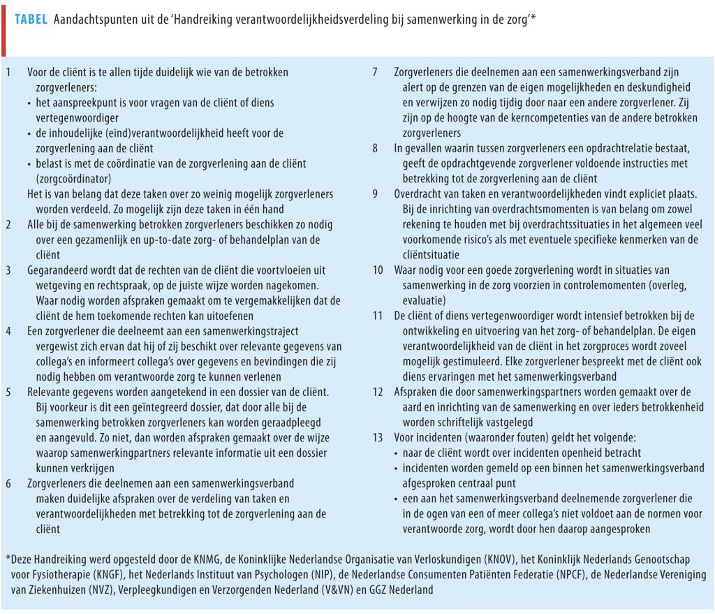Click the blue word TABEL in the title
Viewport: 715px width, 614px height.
[x=31, y=20]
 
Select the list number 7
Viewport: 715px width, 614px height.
[x=376, y=72]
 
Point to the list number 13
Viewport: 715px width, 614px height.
[x=377, y=437]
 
